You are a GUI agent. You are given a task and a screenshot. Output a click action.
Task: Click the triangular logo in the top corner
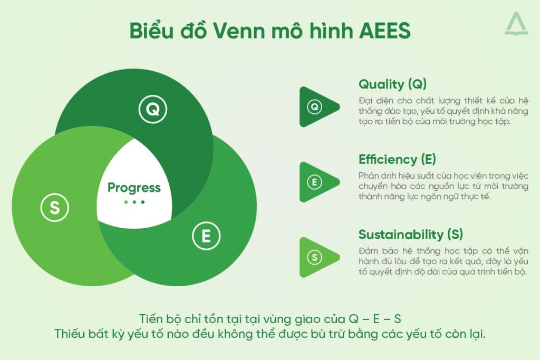pyautogui.click(x=515, y=24)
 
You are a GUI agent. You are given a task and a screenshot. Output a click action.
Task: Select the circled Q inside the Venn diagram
pyautogui.click(x=152, y=110)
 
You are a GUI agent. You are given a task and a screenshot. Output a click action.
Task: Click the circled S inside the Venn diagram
pyautogui.click(x=54, y=208)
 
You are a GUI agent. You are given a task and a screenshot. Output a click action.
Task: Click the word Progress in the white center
pyautogui.click(x=134, y=188)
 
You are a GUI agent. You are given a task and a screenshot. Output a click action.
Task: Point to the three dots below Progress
pyautogui.click(x=134, y=202)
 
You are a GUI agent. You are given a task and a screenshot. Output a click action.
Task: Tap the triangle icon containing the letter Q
pyautogui.click(x=316, y=107)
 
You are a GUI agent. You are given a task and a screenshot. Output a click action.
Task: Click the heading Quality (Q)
pyautogui.click(x=392, y=84)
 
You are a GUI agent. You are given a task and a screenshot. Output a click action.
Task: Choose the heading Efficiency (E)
pyautogui.click(x=397, y=159)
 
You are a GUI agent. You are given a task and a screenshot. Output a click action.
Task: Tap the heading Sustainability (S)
pyautogui.click(x=411, y=235)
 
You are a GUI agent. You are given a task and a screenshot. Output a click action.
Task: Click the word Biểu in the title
pyautogui.click(x=150, y=31)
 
